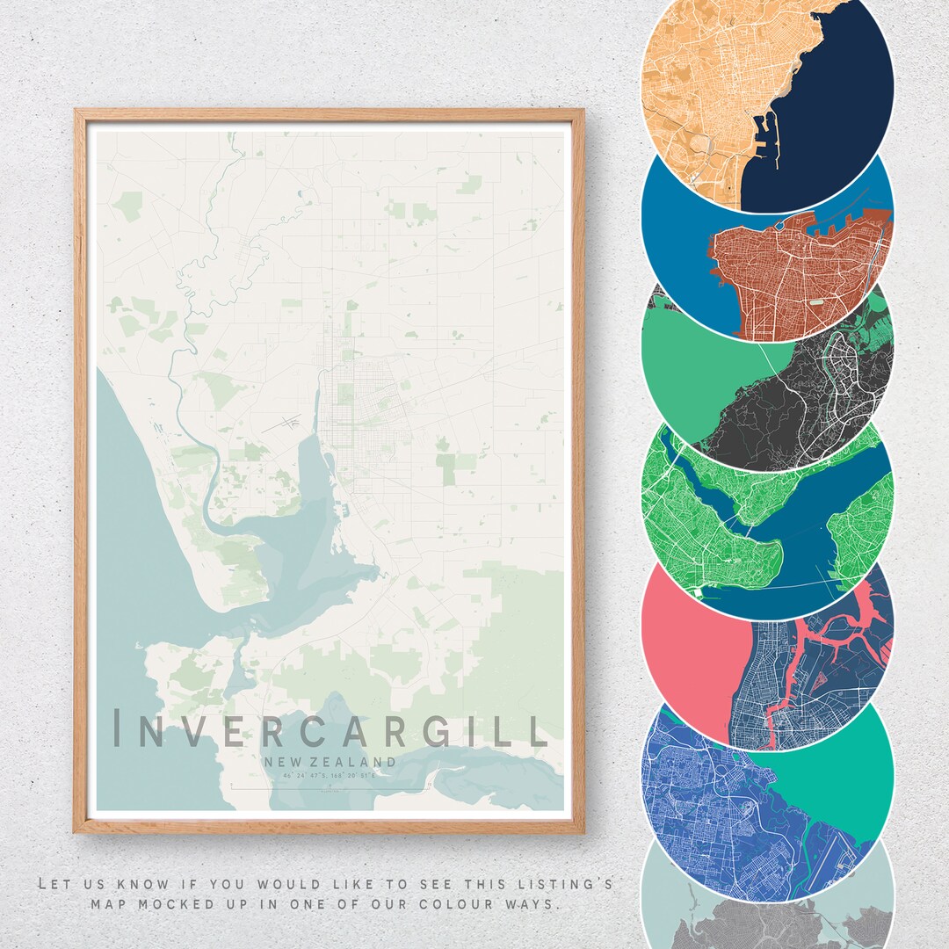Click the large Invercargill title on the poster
click(x=330, y=731)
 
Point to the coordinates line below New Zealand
click(x=330, y=776)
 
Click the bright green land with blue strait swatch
click(x=766, y=518)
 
